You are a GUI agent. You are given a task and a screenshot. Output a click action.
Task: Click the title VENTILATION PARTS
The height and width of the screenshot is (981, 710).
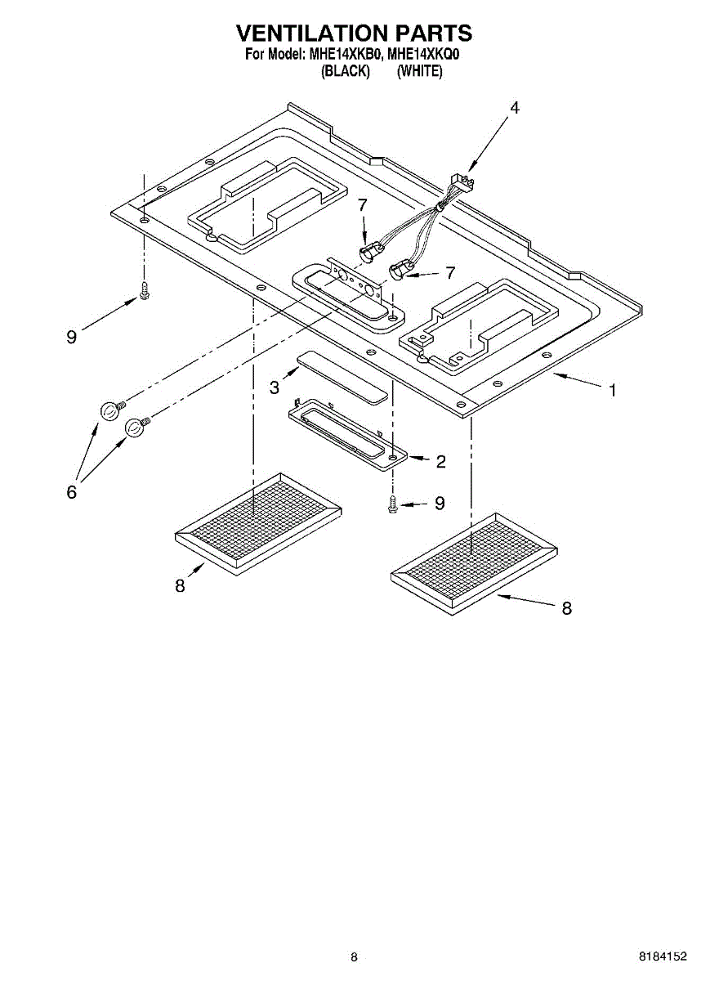(x=354, y=33)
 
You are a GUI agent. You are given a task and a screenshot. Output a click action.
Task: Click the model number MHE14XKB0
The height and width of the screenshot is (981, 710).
(x=346, y=56)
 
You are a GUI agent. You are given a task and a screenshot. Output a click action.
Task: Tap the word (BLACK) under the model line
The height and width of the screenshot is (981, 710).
(x=346, y=71)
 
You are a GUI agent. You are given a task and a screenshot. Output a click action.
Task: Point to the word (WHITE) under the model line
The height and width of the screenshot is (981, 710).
(x=419, y=71)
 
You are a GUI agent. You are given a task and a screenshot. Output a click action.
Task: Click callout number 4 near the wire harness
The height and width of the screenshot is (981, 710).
(x=514, y=108)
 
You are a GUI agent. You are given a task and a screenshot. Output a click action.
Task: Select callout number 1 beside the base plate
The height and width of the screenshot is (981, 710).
(x=612, y=390)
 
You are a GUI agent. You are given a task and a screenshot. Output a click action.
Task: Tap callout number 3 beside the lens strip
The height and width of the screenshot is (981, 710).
(x=275, y=387)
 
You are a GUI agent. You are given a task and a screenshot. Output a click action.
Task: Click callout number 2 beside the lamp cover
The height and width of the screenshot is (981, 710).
(x=440, y=462)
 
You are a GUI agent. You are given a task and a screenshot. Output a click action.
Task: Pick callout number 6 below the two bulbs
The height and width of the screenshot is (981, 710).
(x=72, y=491)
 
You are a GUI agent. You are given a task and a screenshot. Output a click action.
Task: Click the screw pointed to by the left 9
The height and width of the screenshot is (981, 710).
(x=145, y=289)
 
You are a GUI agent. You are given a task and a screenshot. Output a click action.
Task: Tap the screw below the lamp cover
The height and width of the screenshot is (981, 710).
(x=393, y=504)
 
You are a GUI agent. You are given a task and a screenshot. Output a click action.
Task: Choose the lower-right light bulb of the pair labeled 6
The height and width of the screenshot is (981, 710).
(x=136, y=427)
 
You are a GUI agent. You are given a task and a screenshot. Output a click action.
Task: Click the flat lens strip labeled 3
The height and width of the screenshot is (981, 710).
(x=342, y=378)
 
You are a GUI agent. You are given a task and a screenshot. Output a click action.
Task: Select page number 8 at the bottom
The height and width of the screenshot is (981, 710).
(x=354, y=956)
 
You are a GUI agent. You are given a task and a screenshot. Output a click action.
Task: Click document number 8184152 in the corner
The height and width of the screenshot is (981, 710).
(x=663, y=956)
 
